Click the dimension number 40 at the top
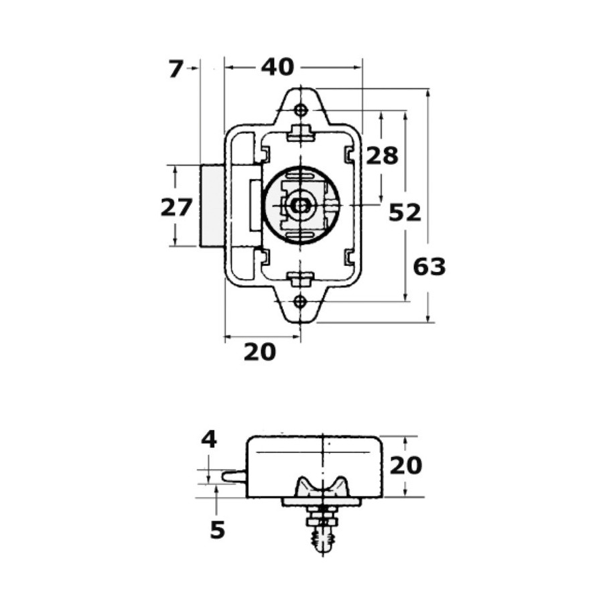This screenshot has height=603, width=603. coord(277,67)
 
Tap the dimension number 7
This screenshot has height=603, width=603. coord(176,70)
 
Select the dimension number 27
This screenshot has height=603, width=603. coord(176,208)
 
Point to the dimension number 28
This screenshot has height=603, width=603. coord(382,155)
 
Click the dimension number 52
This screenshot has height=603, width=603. coord(405,212)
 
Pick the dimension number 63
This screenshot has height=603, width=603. coord(429,267)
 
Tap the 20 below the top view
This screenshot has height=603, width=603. coord(260,352)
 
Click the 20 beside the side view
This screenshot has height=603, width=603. coord(406,466)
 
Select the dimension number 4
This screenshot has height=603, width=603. coord(209,440)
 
